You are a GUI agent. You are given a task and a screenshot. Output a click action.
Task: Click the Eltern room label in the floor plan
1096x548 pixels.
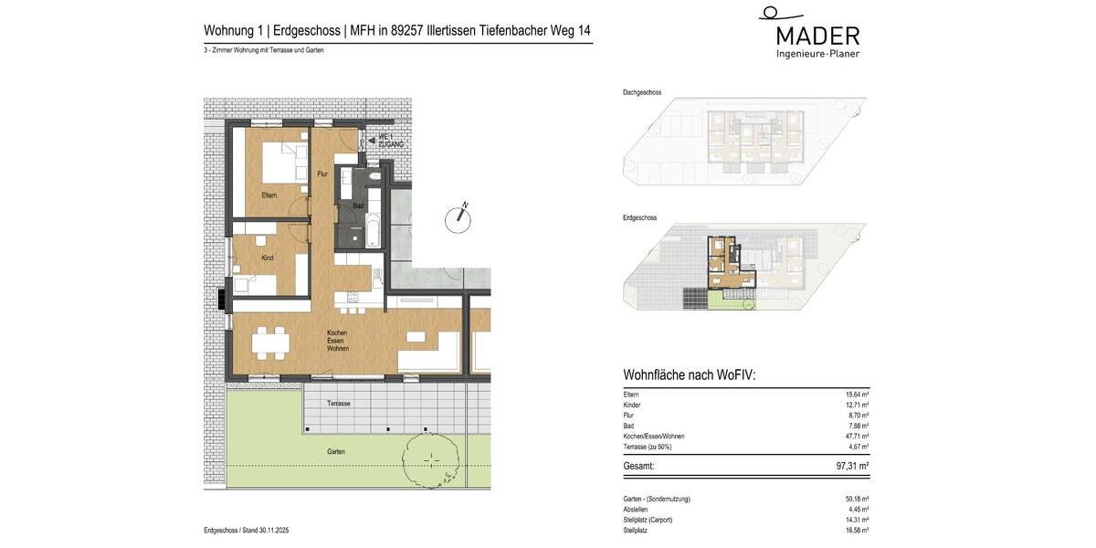269,195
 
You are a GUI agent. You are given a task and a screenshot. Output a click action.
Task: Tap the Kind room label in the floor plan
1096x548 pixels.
268,258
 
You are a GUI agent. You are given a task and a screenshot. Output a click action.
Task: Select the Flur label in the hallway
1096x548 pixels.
321,174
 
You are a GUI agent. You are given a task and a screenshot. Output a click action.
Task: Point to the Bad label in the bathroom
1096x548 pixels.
357,206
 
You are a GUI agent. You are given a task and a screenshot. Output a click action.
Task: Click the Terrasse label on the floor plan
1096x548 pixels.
339,404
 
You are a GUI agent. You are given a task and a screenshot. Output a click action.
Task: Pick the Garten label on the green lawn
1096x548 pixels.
336,452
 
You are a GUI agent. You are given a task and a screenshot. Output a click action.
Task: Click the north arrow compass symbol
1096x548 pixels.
457,218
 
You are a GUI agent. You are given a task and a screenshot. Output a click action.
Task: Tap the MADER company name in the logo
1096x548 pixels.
817,37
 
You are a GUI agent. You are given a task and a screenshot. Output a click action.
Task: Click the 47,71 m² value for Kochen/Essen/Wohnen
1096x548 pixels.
855,437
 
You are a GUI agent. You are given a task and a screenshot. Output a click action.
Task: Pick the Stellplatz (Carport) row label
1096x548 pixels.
648,520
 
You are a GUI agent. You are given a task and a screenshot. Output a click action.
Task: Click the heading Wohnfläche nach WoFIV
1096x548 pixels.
689,375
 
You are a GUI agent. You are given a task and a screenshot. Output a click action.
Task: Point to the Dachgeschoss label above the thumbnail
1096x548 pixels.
642,92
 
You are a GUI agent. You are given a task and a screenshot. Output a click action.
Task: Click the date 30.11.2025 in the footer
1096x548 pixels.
274,531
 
